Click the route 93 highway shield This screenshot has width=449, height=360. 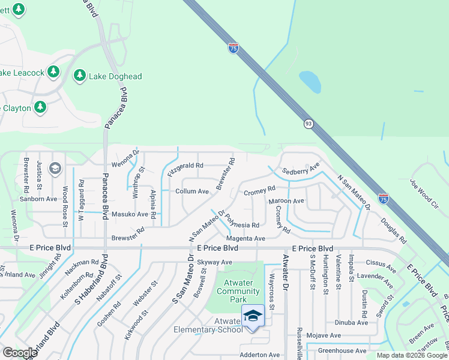[x=308, y=123]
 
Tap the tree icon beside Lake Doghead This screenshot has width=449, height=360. [x=79, y=76]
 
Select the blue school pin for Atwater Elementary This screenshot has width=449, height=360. [x=253, y=316]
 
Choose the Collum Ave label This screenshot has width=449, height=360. [x=191, y=191]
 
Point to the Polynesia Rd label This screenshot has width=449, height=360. [x=243, y=225]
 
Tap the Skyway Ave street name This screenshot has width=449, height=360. [x=214, y=262]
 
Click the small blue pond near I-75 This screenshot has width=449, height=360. [x=309, y=82]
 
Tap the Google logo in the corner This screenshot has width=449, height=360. [x=20, y=353]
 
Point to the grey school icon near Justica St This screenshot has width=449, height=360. [x=55, y=168]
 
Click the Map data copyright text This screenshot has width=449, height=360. [x=411, y=355]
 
